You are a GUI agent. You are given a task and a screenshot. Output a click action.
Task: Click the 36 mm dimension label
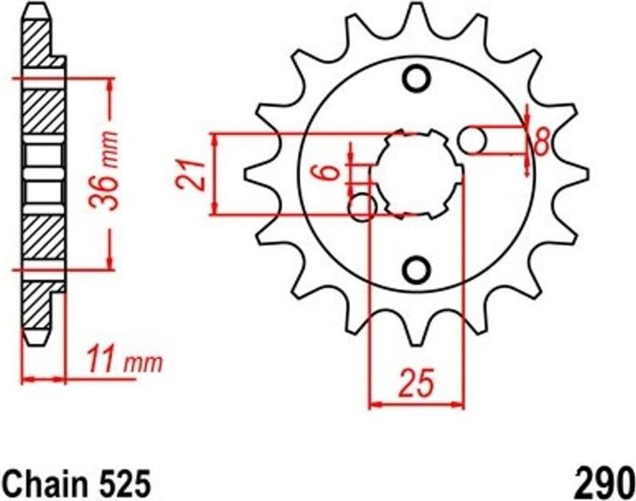tap(104, 171)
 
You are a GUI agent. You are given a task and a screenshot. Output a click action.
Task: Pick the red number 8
tap(541, 142)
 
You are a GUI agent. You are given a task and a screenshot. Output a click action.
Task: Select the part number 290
tap(604, 483)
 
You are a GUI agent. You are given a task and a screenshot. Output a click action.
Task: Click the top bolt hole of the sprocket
tap(417, 79)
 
